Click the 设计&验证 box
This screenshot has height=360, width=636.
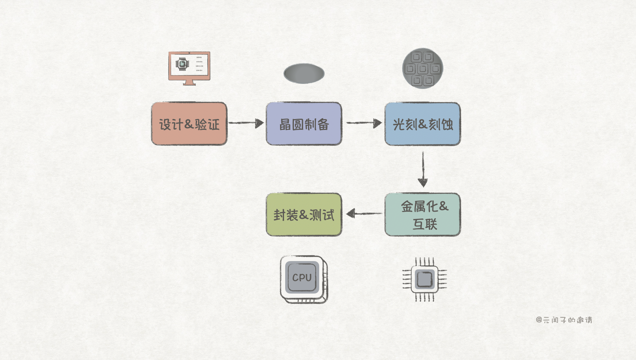tap(189, 124)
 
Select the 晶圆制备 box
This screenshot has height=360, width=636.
tap(304, 124)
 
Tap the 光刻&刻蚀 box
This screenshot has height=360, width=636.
tap(422, 124)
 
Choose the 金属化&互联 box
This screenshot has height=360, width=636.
tap(422, 214)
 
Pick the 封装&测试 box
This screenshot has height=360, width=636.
tap(304, 214)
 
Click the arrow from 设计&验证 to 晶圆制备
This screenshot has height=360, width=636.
tap(246, 123)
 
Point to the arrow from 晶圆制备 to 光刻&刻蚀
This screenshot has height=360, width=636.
tap(364, 123)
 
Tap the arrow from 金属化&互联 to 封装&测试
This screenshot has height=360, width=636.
tap(364, 214)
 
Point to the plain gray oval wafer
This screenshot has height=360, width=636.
tap(304, 74)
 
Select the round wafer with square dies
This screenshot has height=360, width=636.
tap(422, 68)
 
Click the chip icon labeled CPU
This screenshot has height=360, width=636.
tap(304, 279)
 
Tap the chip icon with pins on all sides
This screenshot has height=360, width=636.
tap(424, 279)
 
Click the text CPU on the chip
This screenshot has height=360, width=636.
tap(302, 278)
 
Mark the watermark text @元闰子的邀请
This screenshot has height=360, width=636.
tap(564, 320)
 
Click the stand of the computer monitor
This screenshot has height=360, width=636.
tap(189, 82)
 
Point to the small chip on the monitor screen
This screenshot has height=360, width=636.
tap(182, 64)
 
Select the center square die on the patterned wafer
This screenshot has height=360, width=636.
tap(422, 69)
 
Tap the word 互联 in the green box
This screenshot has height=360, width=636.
tap(425, 224)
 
